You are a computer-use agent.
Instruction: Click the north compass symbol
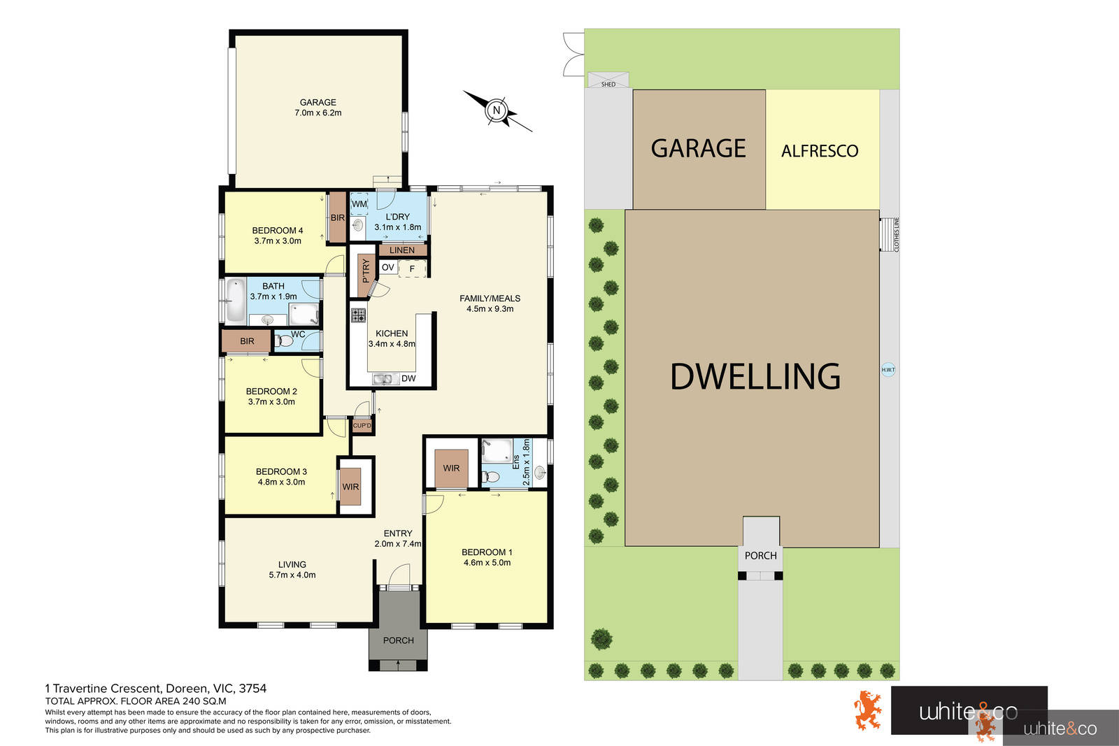pos(497,110)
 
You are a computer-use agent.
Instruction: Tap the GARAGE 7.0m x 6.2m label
pos(318,107)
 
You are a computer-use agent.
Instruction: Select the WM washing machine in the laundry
pos(359,204)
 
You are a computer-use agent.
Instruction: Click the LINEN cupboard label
pos(402,250)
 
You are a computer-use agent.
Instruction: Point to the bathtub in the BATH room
pos(236,299)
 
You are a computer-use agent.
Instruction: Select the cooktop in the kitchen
pos(358,315)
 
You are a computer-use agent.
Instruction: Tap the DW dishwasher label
pos(408,379)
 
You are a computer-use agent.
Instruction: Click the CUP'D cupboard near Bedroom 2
pos(362,425)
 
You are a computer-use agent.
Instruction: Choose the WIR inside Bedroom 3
pos(350,487)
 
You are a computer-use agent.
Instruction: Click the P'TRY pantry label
pos(365,271)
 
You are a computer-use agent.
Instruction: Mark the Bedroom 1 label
pos(487,557)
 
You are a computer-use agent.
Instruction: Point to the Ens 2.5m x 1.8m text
pos(522,461)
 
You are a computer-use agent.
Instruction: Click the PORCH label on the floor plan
pos(398,640)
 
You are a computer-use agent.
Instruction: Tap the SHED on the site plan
pos(608,80)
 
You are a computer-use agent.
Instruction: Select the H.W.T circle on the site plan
pos(888,369)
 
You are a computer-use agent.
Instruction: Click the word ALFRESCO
pos(820,151)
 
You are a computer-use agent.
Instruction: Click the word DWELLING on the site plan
pos(755,376)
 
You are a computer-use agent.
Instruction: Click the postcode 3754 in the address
pos(252,689)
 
